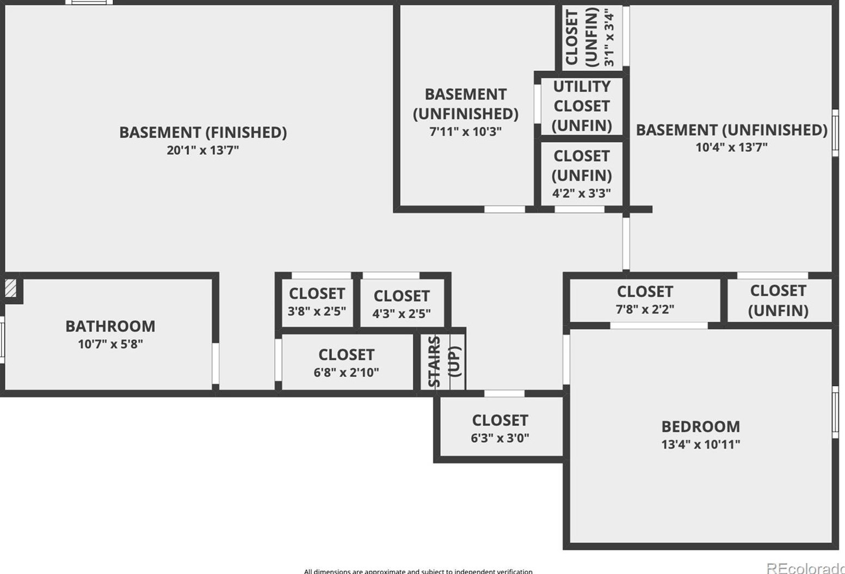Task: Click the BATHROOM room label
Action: [110, 326]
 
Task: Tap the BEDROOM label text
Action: [700, 426]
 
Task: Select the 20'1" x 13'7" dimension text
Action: [202, 150]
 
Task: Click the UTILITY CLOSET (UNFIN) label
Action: [581, 106]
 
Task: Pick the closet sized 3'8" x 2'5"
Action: [317, 302]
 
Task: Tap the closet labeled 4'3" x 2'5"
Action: [402, 304]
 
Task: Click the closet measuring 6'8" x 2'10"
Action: [346, 363]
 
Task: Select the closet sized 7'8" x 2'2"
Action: [645, 300]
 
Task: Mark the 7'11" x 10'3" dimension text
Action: [465, 132]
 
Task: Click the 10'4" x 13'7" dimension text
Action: [731, 148]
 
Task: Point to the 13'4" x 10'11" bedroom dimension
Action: [700, 444]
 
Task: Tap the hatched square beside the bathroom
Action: [10, 288]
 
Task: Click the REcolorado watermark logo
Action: [805, 568]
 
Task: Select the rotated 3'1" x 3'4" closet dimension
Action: [609, 38]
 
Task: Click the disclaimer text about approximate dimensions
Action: [418, 571]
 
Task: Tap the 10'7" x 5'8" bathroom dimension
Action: [110, 344]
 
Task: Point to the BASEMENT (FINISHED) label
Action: [202, 132]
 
